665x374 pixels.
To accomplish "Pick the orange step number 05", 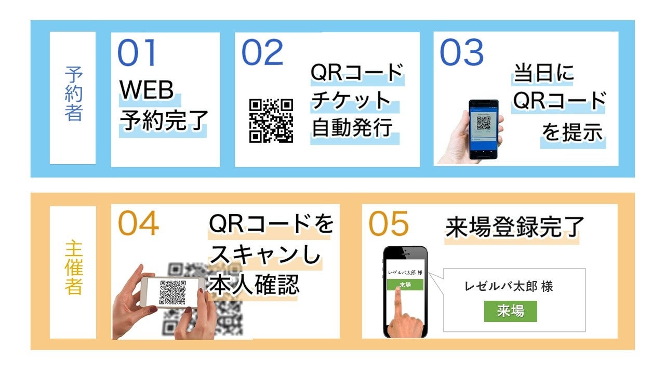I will [389, 224].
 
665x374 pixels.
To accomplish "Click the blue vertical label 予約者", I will [73, 94].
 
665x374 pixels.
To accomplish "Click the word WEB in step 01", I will [147, 90].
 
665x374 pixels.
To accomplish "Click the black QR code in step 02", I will [271, 121].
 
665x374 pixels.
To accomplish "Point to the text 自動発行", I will [352, 128].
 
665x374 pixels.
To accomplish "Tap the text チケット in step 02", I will [351, 100].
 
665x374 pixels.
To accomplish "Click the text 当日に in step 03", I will [543, 74].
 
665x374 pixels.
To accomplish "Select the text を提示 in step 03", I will [573, 132].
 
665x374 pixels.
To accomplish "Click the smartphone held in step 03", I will [483, 128].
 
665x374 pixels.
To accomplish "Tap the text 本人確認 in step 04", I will [254, 284].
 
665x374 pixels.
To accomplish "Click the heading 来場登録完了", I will [515, 227].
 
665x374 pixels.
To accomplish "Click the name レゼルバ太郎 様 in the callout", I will [509, 286].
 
